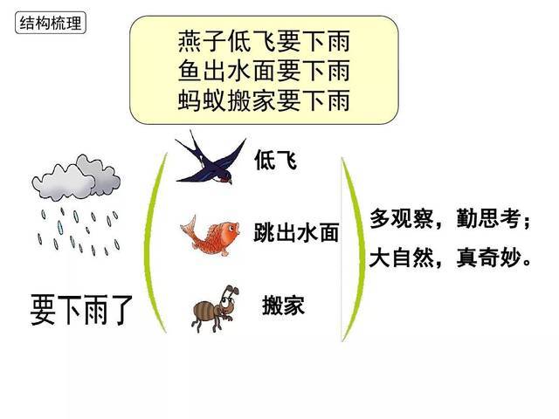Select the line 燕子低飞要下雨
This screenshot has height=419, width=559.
coord(263,42)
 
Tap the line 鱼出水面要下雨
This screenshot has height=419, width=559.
coord(263,71)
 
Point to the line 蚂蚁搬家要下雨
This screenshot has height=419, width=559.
coord(263,100)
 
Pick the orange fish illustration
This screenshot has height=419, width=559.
coord(210,234)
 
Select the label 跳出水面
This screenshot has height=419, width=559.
coord(295,232)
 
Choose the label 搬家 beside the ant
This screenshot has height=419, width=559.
coord(283,306)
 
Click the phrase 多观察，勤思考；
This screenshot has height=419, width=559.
coord(450,219)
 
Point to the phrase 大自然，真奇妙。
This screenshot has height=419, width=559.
coord(450,259)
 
